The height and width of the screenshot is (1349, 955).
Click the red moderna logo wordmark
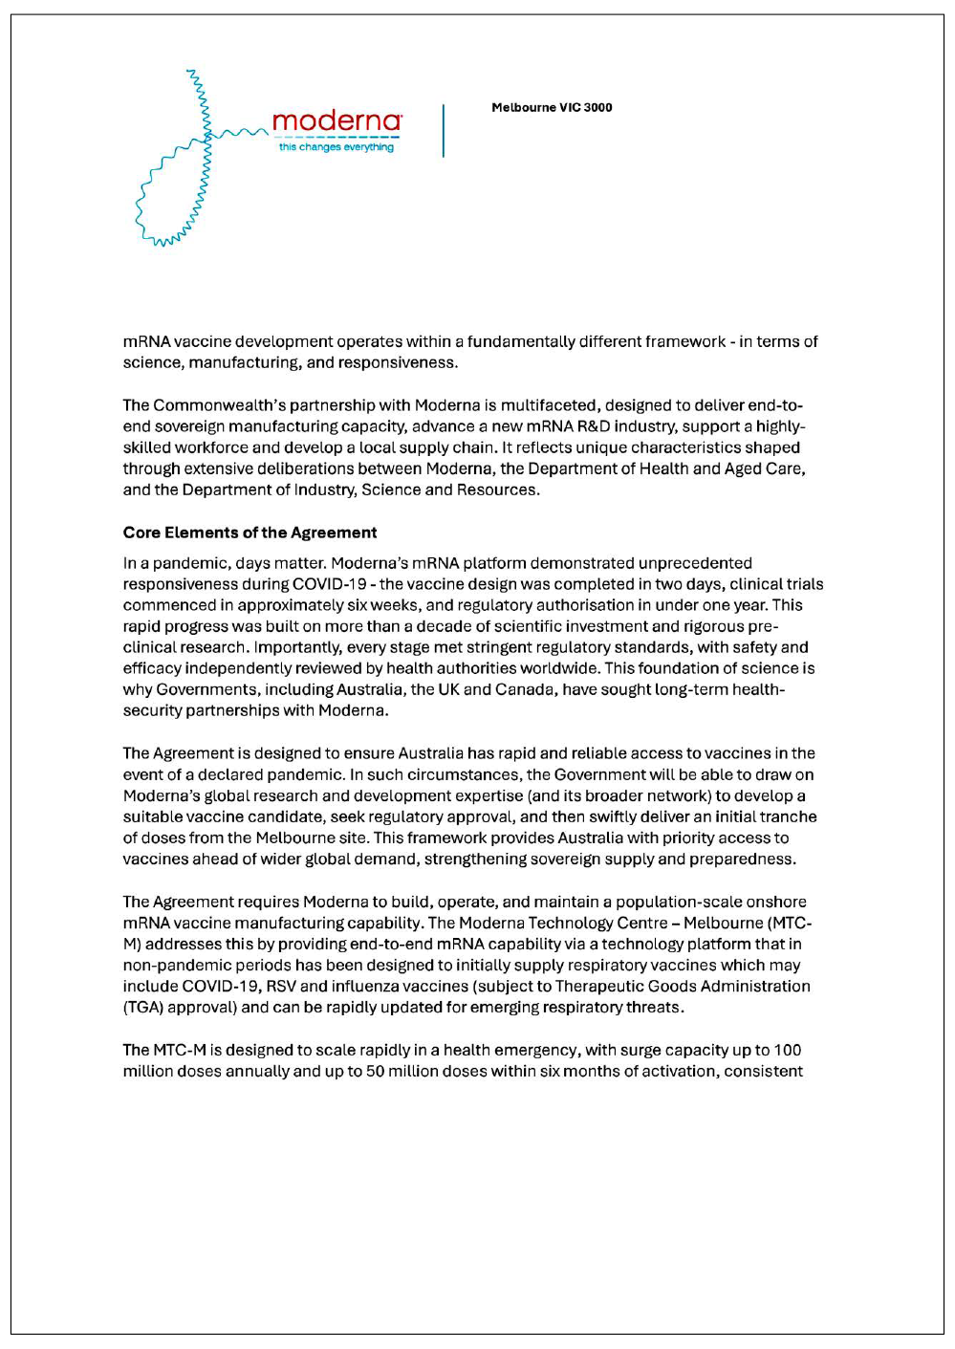pos(336,121)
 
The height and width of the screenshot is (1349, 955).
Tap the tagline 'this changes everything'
pos(336,147)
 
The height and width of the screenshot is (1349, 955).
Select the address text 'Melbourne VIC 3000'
pos(552,108)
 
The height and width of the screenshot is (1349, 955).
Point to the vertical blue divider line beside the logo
pos(444,130)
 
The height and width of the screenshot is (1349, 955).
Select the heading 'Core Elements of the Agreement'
pos(250,533)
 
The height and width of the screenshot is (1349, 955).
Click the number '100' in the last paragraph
pos(788,1050)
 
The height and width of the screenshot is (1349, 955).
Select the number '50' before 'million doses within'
pos(375,1071)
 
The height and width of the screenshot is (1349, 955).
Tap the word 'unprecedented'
pos(695,563)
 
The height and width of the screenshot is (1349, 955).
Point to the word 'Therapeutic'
pos(599,986)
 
